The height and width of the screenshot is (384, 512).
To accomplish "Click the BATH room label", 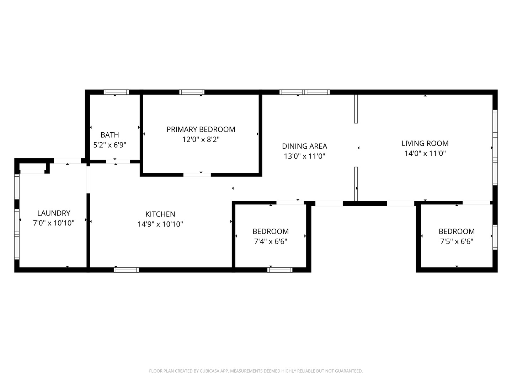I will [110, 135].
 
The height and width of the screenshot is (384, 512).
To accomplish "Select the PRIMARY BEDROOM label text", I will [201, 129].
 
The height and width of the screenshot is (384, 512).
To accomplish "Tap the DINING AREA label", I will [304, 146].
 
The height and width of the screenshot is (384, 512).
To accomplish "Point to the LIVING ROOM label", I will [425, 143].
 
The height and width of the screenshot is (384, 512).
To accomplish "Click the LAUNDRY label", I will [54, 213].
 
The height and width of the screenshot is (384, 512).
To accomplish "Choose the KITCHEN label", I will [160, 214].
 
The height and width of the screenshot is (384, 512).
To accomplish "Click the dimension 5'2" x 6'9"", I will [110, 145].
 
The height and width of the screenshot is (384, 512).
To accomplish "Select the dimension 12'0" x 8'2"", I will [201, 139].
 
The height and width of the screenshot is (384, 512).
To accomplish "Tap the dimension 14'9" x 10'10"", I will [160, 224].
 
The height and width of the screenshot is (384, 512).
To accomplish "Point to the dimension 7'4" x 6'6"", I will [271, 241].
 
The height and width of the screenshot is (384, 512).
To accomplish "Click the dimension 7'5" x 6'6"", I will [457, 241].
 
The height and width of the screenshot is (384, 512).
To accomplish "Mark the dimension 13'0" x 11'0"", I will [304, 156].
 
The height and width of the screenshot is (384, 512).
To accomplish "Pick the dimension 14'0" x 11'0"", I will [425, 153].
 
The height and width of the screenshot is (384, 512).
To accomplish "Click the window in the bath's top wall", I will [116, 92].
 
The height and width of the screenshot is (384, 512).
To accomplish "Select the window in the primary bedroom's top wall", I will [192, 92].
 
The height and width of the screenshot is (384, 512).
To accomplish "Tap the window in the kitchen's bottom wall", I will [126, 270].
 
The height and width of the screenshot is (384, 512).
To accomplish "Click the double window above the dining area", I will [305, 92].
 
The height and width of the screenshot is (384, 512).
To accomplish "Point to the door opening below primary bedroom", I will [197, 175].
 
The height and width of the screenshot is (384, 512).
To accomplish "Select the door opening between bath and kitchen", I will [118, 161].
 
